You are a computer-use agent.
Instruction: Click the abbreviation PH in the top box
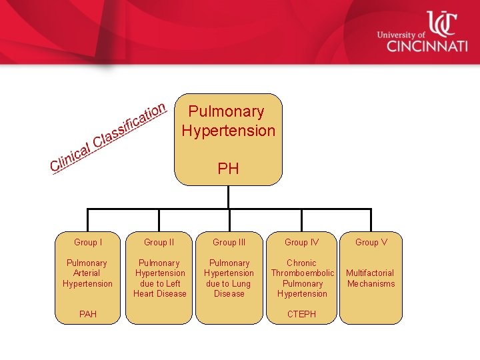click(x=228, y=169)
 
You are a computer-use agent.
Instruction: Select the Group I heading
click(x=87, y=243)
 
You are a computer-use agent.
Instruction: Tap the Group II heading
click(x=159, y=243)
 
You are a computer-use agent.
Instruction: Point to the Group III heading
click(x=229, y=243)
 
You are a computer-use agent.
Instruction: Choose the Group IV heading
click(x=301, y=243)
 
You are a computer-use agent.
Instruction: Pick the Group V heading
click(x=371, y=243)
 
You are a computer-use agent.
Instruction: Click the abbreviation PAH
click(x=87, y=314)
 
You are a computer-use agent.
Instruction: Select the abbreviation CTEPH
click(x=301, y=314)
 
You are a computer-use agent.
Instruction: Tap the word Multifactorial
click(x=370, y=273)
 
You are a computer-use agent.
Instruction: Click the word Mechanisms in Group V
click(x=371, y=284)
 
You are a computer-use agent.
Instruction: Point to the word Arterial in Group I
click(x=87, y=273)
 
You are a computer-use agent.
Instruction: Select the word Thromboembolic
click(x=302, y=273)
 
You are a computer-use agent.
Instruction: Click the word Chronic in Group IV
click(x=301, y=263)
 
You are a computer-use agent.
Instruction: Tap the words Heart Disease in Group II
click(x=160, y=294)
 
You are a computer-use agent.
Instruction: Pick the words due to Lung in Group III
click(x=229, y=284)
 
